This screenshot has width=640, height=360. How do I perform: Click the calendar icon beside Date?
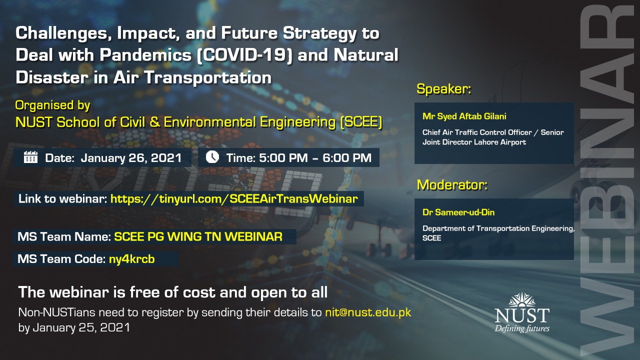[x=30, y=157]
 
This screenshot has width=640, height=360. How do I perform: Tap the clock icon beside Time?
[x=212, y=157]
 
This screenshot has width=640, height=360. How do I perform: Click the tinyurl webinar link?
[x=234, y=198]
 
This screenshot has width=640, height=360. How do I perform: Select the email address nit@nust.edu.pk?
[x=368, y=312]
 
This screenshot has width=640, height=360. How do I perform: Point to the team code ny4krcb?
[x=131, y=259]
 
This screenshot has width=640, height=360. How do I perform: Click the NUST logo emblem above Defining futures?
[x=522, y=299]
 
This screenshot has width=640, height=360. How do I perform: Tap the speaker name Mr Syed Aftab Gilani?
[x=464, y=116]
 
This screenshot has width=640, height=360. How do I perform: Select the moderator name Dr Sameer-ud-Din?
[x=458, y=212]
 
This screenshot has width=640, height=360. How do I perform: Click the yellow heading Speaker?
[x=443, y=89]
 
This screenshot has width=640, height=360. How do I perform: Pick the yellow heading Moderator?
[x=452, y=185]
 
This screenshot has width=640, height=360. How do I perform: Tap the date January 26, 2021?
[x=131, y=158]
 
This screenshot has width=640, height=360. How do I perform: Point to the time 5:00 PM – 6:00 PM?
[x=315, y=157]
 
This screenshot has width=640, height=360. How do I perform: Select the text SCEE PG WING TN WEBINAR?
[x=198, y=236]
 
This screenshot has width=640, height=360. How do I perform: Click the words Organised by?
[x=52, y=105]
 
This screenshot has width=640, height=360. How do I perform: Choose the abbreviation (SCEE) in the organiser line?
[x=361, y=122]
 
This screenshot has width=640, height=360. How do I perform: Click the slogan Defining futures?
[x=522, y=328]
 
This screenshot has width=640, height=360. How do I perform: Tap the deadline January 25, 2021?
[x=81, y=327]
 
